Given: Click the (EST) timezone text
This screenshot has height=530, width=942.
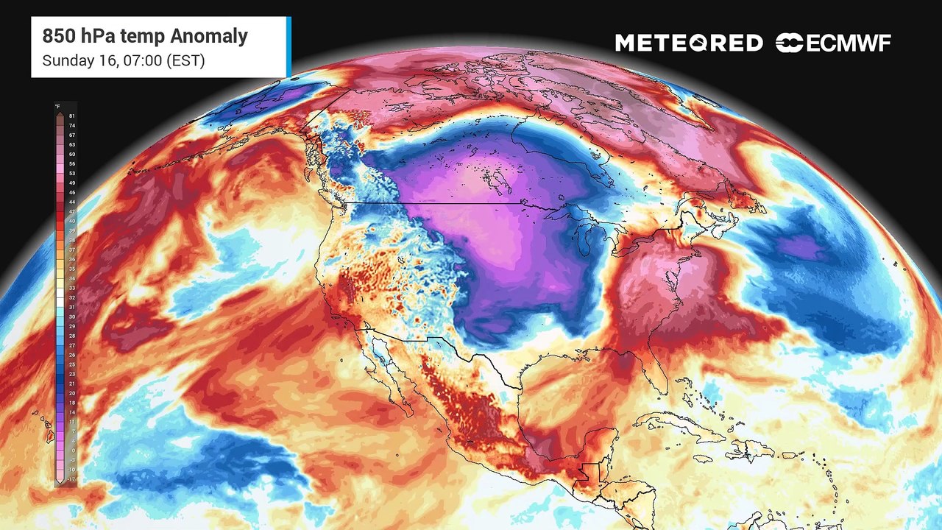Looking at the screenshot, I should [186, 60].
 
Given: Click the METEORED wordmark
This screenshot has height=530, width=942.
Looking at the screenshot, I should [689, 43].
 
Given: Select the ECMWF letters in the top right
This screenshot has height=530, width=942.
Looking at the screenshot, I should [849, 43].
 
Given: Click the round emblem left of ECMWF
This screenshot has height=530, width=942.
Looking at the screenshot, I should [789, 43].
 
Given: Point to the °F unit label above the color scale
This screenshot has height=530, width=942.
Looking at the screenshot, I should [57, 107].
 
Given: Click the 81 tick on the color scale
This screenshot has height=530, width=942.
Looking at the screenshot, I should [72, 116].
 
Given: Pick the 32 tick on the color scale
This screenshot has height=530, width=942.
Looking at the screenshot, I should [72, 297].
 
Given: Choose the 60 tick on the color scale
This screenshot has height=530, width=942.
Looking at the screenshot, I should [72, 154].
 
